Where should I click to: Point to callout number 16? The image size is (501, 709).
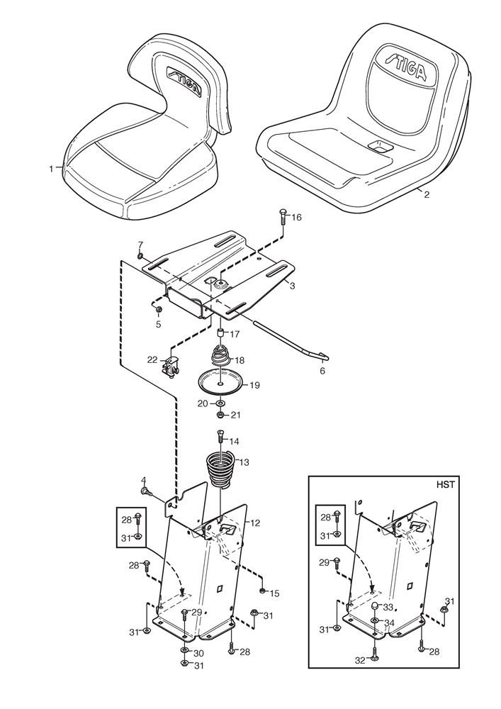click(x=296, y=218)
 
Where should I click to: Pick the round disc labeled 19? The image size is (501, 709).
click(x=220, y=384)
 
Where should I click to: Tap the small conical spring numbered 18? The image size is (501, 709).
click(x=221, y=354)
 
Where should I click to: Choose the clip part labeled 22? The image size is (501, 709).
click(x=172, y=366)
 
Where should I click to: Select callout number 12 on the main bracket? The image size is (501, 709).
click(x=256, y=523)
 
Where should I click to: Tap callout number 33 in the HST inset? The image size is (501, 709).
click(x=388, y=607)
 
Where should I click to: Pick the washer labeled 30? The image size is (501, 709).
click(x=184, y=650)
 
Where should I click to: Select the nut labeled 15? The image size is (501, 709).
click(x=262, y=590)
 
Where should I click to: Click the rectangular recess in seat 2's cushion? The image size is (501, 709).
click(x=379, y=147)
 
